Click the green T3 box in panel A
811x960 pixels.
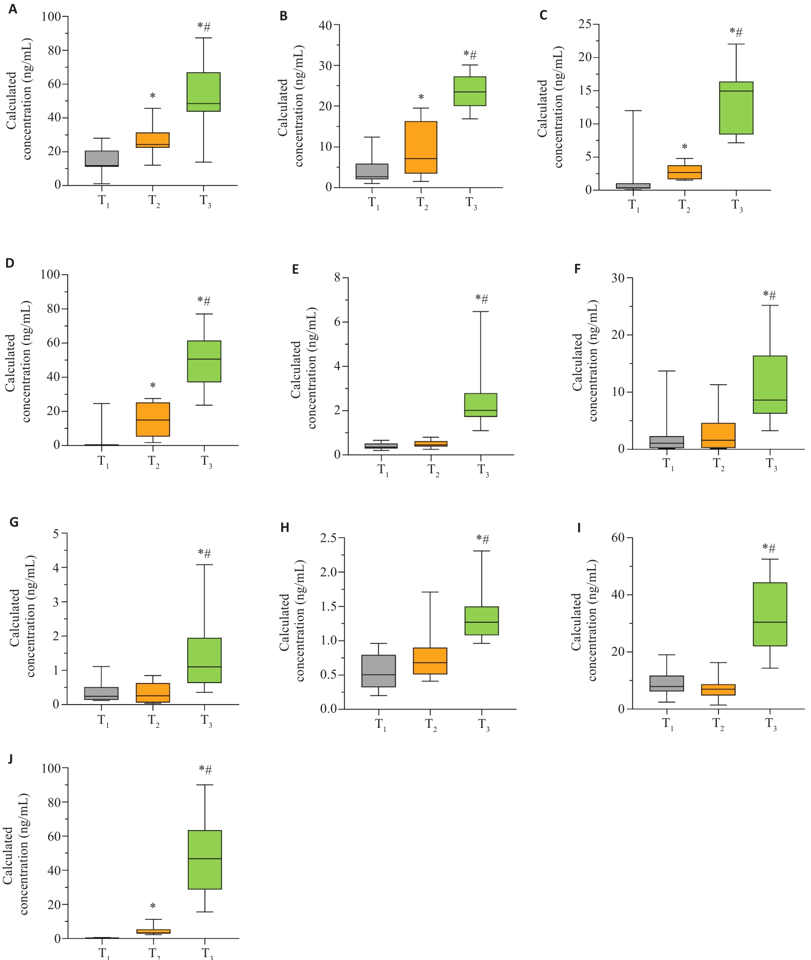coord(203,92)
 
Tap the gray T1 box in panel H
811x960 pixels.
coord(378,670)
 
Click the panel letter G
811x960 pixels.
coord(14,522)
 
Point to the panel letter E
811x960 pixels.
coord(295,269)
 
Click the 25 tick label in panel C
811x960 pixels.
coord(585,24)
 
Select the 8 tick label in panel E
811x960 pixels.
coord(337,277)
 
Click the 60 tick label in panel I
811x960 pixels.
coord(618,537)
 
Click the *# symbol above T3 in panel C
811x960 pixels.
coord(736,32)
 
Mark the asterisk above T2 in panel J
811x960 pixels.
coord(153,906)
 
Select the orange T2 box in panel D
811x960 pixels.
coord(153,419)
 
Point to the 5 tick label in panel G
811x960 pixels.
coord(56,534)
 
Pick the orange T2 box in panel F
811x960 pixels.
coord(718,435)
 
